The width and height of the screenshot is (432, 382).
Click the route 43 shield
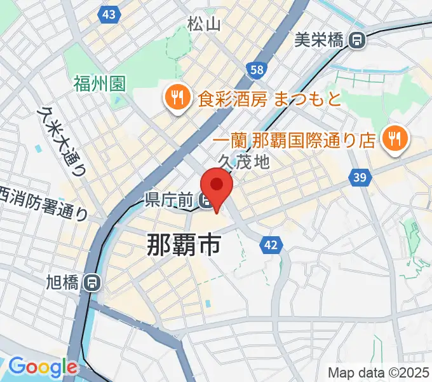(109, 14)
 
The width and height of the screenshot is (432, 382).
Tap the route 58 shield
(257, 71)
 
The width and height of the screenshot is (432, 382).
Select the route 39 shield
(360, 178)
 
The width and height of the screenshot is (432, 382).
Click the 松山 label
(204, 25)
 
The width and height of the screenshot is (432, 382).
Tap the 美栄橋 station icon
(358, 41)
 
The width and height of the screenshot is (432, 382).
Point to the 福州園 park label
(100, 83)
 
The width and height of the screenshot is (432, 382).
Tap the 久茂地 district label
(244, 162)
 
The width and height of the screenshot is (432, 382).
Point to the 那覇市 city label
(184, 244)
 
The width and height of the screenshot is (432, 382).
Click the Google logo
(43, 367)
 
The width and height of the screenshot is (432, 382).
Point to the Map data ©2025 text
(379, 372)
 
